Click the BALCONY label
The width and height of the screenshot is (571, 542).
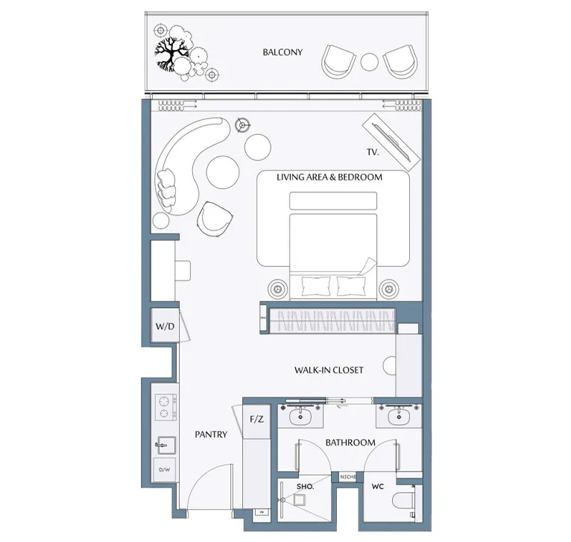[x=283, y=52]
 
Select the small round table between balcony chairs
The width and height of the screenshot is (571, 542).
[x=370, y=61]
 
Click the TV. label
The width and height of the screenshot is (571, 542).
[x=373, y=152]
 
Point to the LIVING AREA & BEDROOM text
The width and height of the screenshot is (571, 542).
[x=329, y=177]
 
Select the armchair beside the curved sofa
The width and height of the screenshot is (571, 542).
[x=215, y=217]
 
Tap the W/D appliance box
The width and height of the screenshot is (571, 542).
[x=164, y=327]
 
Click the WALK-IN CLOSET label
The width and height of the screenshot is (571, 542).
[x=329, y=370]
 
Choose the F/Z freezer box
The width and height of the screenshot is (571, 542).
[x=256, y=419]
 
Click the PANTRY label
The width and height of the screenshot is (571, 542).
[x=211, y=435]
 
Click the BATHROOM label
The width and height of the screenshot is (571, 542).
[x=350, y=443]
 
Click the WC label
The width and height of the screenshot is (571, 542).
[x=378, y=486]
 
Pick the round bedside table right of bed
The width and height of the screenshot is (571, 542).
[x=388, y=288]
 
